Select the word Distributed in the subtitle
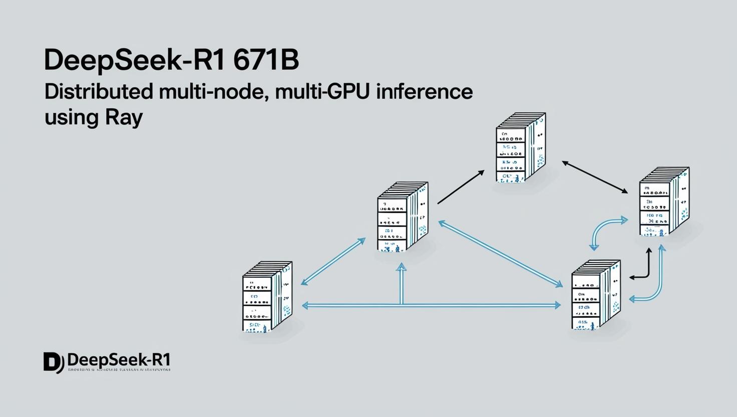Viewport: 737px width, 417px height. tap(99, 92)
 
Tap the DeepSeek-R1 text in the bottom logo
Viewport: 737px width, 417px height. tap(119, 360)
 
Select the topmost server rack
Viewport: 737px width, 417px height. tap(520, 147)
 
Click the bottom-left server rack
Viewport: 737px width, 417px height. tap(267, 297)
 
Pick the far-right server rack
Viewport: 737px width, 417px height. tap(664, 201)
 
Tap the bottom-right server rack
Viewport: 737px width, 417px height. tap(596, 295)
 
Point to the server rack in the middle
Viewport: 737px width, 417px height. tap(403, 217)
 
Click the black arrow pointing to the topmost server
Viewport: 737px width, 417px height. tap(461, 187)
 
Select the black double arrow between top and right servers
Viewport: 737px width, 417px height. tap(595, 177)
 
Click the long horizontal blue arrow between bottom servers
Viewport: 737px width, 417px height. tap(431, 305)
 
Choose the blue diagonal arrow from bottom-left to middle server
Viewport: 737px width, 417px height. tap(333, 261)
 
